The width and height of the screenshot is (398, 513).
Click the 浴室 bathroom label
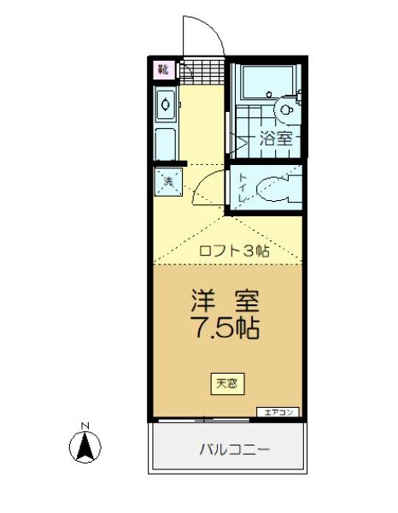[275, 137]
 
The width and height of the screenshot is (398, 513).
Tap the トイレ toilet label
[243, 188]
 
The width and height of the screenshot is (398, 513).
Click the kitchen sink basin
[166, 106]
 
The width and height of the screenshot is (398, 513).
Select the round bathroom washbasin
[288, 109]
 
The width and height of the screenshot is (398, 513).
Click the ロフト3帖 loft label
[234, 251]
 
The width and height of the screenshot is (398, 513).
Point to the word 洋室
[225, 302]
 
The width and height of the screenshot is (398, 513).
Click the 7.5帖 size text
[225, 327]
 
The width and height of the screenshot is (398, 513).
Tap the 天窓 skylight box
[226, 383]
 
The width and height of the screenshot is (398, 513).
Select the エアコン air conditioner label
[278, 412]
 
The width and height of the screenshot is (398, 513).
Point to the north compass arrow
[85, 446]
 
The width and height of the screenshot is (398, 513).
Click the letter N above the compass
[85, 425]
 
